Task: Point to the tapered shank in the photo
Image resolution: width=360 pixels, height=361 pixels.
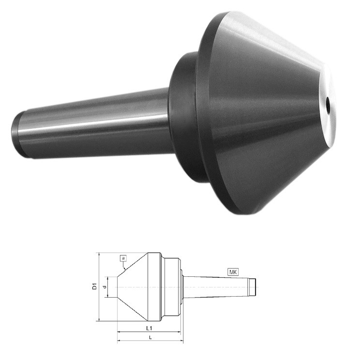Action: (92, 123)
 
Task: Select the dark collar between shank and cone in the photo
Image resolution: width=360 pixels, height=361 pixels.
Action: (184, 118)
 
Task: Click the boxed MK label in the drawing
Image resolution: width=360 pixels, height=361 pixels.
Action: (233, 272)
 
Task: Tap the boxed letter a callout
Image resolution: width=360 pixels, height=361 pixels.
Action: (123, 258)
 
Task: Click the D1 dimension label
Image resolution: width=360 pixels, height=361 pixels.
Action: (95, 286)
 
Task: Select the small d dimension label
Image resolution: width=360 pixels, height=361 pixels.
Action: (105, 287)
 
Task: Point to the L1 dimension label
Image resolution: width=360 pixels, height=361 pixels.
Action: (149, 328)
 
